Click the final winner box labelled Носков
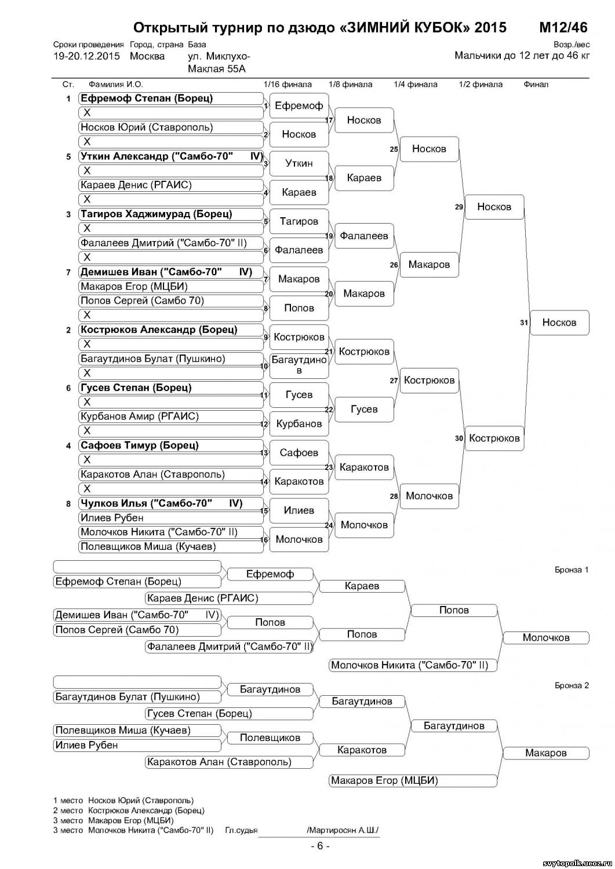[559, 323]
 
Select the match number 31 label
[524, 323]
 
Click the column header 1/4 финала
[415, 85]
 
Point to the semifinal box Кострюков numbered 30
[494, 439]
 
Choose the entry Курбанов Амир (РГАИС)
[140, 417]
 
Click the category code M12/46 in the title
[563, 28]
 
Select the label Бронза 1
[571, 570]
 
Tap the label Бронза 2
[571, 686]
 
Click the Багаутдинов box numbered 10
[299, 365]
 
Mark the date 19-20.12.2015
[86, 57]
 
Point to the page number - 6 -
[319, 846]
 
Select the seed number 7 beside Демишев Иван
[68, 272]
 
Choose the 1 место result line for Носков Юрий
[123, 801]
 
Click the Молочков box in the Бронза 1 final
[545, 638]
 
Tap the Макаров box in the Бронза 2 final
[545, 753]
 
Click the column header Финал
[536, 85]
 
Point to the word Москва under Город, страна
[147, 57]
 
